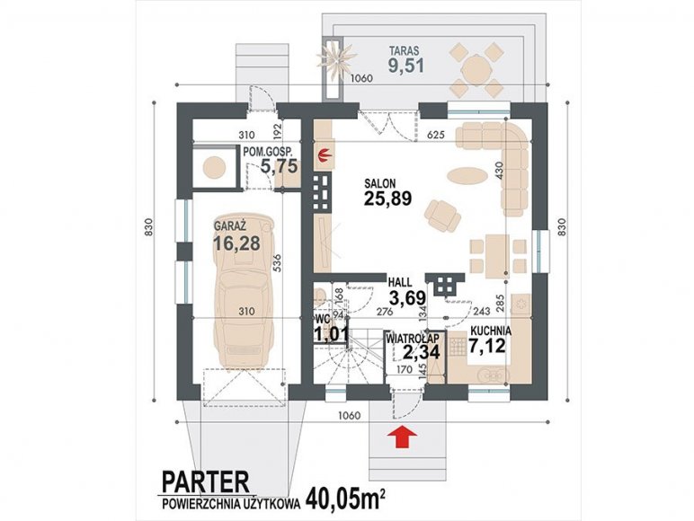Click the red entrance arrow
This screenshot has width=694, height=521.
pyautogui.click(x=403, y=437)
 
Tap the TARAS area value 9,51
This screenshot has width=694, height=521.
pyautogui.click(x=406, y=66)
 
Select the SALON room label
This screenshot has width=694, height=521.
pyautogui.click(x=379, y=182)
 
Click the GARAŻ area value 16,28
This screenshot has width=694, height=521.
pyautogui.click(x=236, y=243)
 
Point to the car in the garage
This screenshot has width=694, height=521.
pyautogui.click(x=244, y=292)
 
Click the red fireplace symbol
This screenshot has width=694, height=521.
pyautogui.click(x=325, y=155)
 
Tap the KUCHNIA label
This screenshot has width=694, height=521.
pyautogui.click(x=491, y=331)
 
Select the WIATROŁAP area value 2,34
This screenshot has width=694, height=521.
pyautogui.click(x=421, y=352)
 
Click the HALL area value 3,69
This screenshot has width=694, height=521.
pyautogui.click(x=406, y=297)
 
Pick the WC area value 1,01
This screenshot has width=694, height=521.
pyautogui.click(x=331, y=334)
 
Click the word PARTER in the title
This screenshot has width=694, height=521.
pyautogui.click(x=206, y=482)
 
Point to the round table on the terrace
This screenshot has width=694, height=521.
pyautogui.click(x=475, y=70)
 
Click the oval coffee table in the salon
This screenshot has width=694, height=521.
pyautogui.click(x=467, y=173)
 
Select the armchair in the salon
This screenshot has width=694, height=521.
pyautogui.click(x=442, y=216)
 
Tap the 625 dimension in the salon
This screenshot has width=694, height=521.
pyautogui.click(x=436, y=135)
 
